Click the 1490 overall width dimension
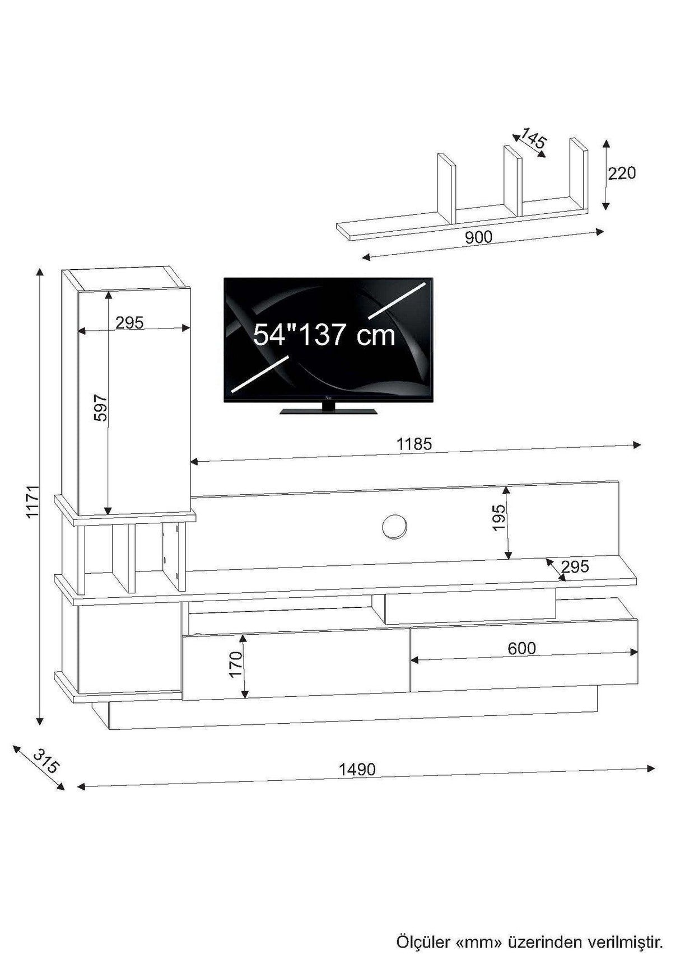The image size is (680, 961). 357,769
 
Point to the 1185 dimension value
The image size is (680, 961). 414,444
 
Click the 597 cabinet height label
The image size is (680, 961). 100,407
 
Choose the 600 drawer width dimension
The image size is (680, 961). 521,648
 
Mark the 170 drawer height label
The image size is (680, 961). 235,664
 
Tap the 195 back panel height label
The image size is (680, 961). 499,517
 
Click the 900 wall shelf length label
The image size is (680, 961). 478,237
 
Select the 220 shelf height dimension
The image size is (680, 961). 622,173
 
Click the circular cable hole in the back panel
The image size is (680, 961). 394,526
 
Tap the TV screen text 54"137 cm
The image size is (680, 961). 324,334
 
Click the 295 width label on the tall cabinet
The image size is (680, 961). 129,322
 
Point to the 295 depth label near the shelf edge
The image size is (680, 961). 575,566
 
